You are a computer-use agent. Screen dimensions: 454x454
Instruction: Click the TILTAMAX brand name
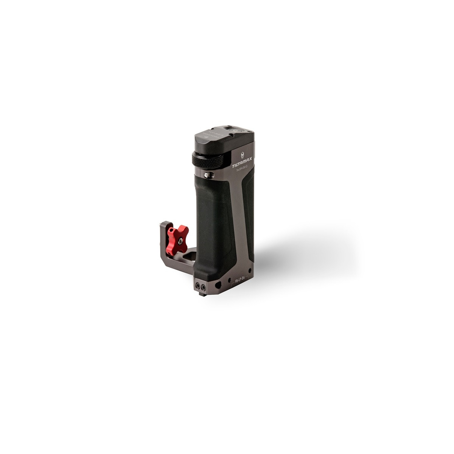[x=241, y=161]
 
